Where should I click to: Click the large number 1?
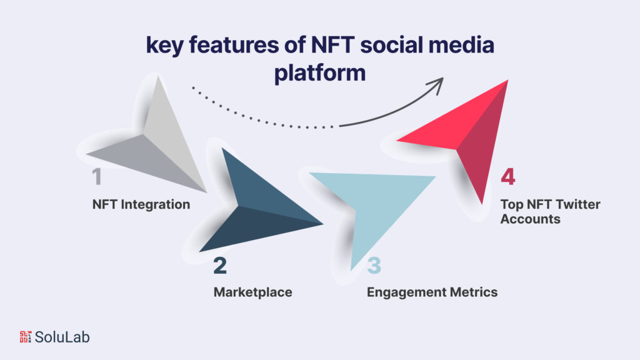(96, 177)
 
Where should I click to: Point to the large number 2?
(220, 266)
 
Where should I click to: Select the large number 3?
(373, 266)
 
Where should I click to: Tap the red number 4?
(507, 177)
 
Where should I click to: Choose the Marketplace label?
(252, 292)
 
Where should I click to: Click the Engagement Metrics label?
(432, 292)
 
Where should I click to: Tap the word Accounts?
(530, 219)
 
